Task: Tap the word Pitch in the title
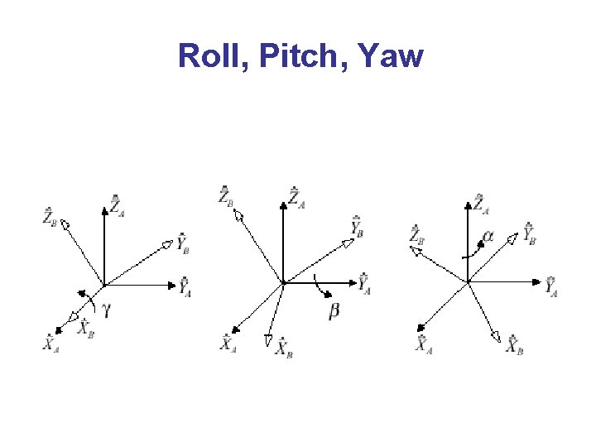283,56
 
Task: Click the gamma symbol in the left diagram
105,310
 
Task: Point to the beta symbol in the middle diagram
334,310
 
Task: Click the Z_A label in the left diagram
118,204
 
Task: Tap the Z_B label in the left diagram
50,217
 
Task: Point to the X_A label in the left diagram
51,342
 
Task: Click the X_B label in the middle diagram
284,347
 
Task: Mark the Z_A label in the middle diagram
296,198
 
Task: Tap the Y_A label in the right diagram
552,286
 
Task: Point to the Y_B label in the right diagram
530,233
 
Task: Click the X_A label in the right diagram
425,344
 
